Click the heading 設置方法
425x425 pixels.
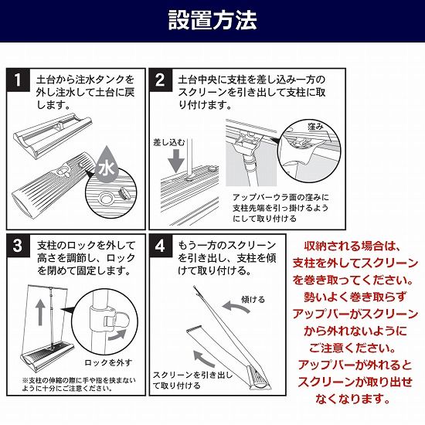click(212, 20)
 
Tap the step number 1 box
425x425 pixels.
click(19, 80)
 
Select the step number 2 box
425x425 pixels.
click(160, 80)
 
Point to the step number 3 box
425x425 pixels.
click(19, 246)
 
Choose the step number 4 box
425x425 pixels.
click(160, 246)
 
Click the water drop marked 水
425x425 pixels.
click(107, 165)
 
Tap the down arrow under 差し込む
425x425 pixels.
click(176, 161)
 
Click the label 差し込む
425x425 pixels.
click(169, 143)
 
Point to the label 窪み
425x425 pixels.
click(315, 126)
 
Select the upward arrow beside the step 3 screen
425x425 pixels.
click(40, 312)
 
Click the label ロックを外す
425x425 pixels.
click(108, 362)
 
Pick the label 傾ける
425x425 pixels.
click(253, 300)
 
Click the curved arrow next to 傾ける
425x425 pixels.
click(235, 306)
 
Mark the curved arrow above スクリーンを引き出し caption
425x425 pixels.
click(204, 359)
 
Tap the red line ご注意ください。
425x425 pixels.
click(352, 348)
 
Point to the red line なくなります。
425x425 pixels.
click(352, 399)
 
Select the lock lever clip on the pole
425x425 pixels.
click(113, 319)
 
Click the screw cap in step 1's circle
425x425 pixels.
click(124, 193)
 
